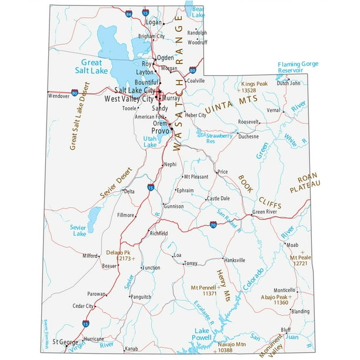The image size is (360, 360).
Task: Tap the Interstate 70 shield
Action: (212, 225)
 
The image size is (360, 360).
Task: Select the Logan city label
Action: (153, 22)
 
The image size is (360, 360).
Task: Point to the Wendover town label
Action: (59, 95)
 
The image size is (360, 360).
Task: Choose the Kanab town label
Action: (131, 349)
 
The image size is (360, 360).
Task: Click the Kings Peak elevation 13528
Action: (248, 91)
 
